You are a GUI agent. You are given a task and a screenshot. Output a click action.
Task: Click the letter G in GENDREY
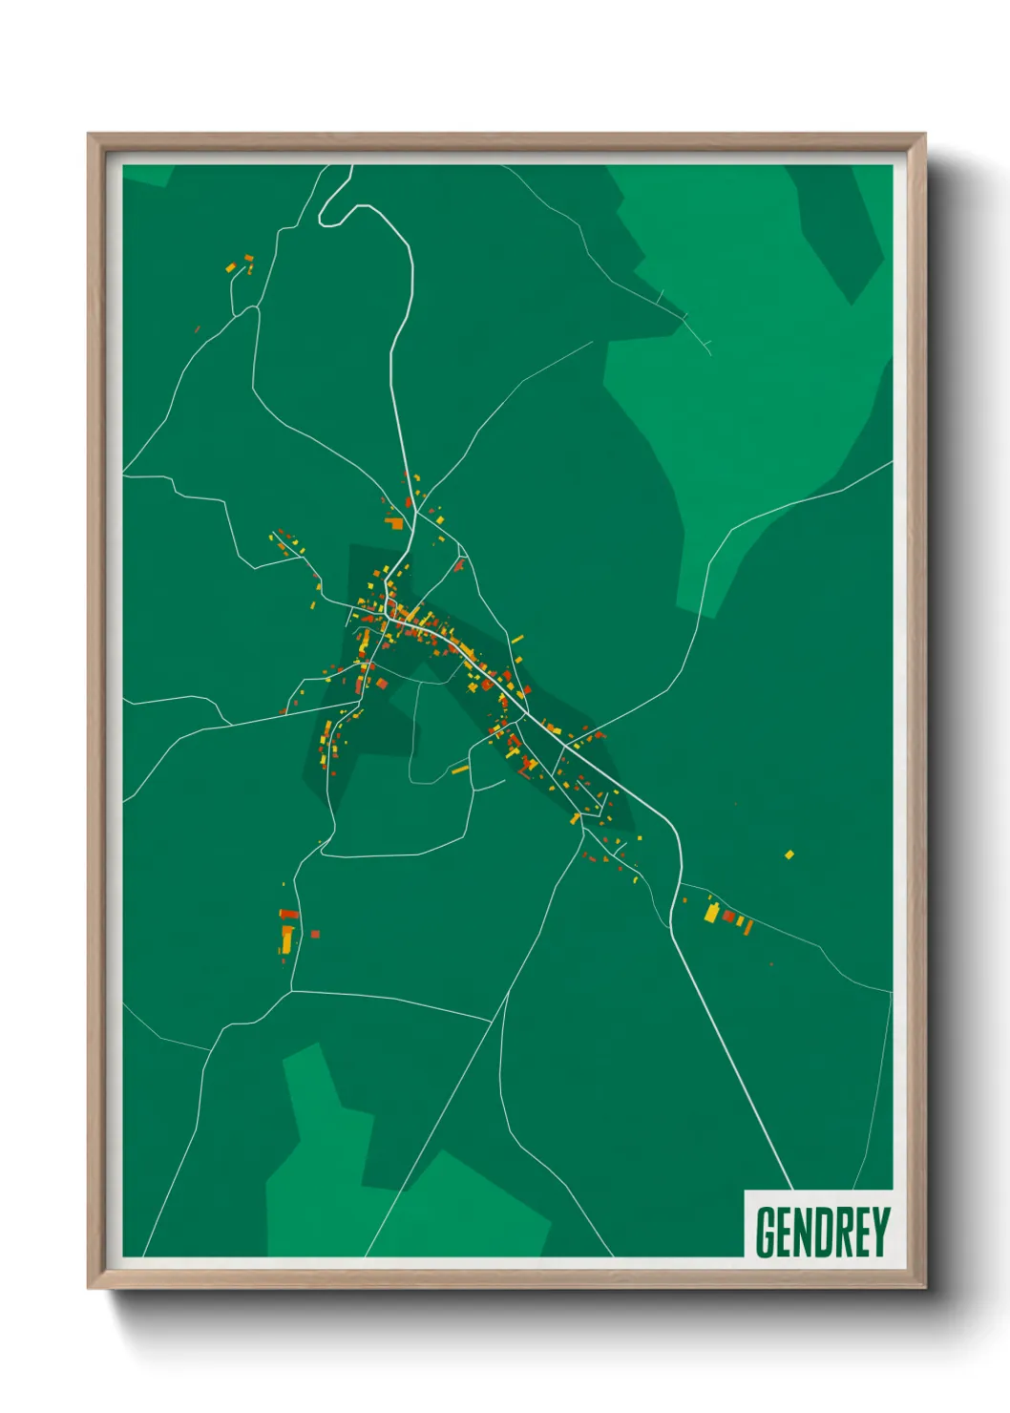(765, 1233)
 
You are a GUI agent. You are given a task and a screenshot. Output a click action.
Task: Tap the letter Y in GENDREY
(880, 1233)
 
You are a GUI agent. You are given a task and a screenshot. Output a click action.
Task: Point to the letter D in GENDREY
(811, 1233)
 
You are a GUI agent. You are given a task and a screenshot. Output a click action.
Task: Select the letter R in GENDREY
(834, 1233)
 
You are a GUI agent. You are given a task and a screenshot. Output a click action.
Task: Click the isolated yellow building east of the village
(789, 854)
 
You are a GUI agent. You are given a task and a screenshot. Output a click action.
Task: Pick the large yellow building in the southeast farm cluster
(711, 914)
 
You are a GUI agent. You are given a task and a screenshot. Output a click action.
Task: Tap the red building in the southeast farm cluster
(728, 917)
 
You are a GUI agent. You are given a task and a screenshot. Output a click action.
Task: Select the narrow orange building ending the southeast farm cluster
(748, 926)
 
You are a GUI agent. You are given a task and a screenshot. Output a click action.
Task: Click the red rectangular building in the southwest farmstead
(288, 915)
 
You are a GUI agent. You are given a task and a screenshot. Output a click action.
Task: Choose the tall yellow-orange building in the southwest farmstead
(286, 938)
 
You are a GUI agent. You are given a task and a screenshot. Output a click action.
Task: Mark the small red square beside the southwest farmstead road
(315, 935)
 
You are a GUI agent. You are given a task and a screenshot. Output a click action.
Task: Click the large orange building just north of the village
(395, 522)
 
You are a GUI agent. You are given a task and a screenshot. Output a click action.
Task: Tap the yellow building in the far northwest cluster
(231, 267)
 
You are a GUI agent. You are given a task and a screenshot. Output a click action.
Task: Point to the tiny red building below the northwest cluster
(198, 329)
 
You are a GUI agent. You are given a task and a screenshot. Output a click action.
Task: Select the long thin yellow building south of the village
(460, 769)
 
